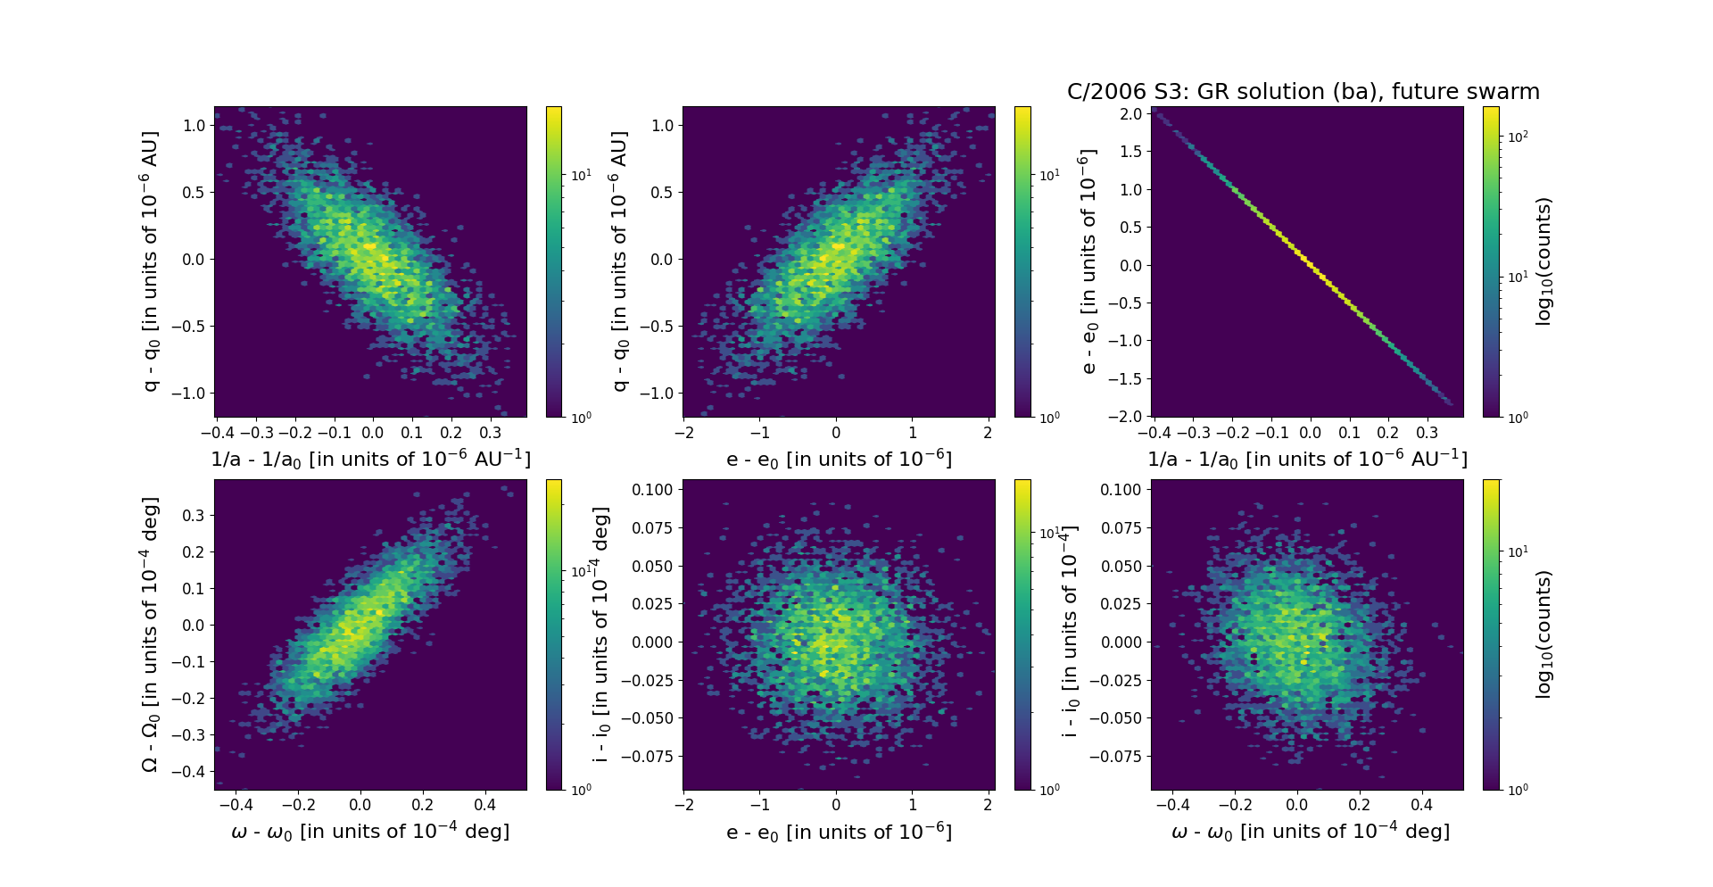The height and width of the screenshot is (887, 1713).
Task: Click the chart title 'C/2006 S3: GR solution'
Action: (1303, 92)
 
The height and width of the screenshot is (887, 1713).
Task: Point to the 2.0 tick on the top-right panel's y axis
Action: (1130, 114)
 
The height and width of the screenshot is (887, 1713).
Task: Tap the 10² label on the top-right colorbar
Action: (1518, 137)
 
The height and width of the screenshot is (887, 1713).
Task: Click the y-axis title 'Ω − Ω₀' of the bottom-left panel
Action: (150, 634)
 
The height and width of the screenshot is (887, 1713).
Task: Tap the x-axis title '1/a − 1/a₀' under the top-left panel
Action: (370, 459)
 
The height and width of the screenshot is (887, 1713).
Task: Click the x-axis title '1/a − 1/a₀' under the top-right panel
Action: (1307, 459)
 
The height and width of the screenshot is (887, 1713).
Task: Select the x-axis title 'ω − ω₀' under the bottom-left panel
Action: (370, 832)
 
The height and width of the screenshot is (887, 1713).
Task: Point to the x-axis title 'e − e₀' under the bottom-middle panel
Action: (839, 833)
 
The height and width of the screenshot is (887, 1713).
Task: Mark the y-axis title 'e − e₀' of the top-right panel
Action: (1088, 261)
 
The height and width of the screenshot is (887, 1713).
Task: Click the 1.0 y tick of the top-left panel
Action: (194, 126)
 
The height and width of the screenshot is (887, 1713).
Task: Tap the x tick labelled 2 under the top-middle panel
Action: (989, 434)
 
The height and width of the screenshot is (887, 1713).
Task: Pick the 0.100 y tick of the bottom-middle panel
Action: (652, 490)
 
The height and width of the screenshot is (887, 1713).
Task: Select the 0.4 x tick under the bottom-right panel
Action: (1421, 806)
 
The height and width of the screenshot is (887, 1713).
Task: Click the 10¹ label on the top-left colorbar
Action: (581, 175)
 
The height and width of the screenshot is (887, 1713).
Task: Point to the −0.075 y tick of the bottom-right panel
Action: (1115, 757)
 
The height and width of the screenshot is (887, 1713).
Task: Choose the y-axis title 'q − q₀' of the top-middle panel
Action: (619, 261)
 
